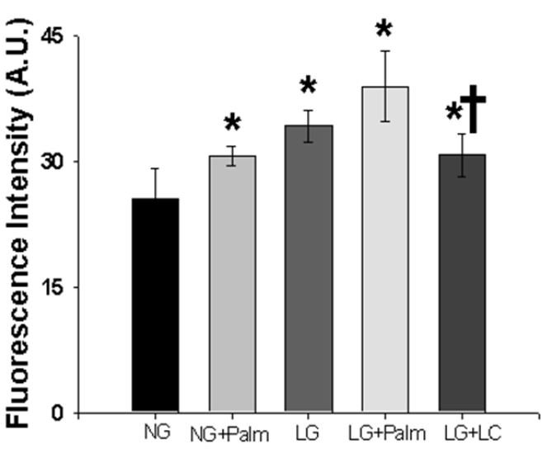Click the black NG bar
click(155, 305)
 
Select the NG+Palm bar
click(233, 284)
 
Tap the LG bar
click(309, 268)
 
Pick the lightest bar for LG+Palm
click(385, 249)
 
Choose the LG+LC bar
click(462, 283)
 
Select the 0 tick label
click(58, 413)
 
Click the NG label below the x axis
click(157, 432)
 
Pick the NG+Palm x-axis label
click(229, 434)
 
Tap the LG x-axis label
click(307, 433)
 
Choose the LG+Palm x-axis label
click(387, 433)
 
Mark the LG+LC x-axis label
click(473, 433)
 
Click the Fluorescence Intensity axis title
click(19, 223)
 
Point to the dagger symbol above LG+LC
click(473, 109)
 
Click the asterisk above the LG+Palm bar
click(384, 29)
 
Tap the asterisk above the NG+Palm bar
click(233, 122)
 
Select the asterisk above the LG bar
click(309, 85)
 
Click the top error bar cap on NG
click(155, 168)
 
